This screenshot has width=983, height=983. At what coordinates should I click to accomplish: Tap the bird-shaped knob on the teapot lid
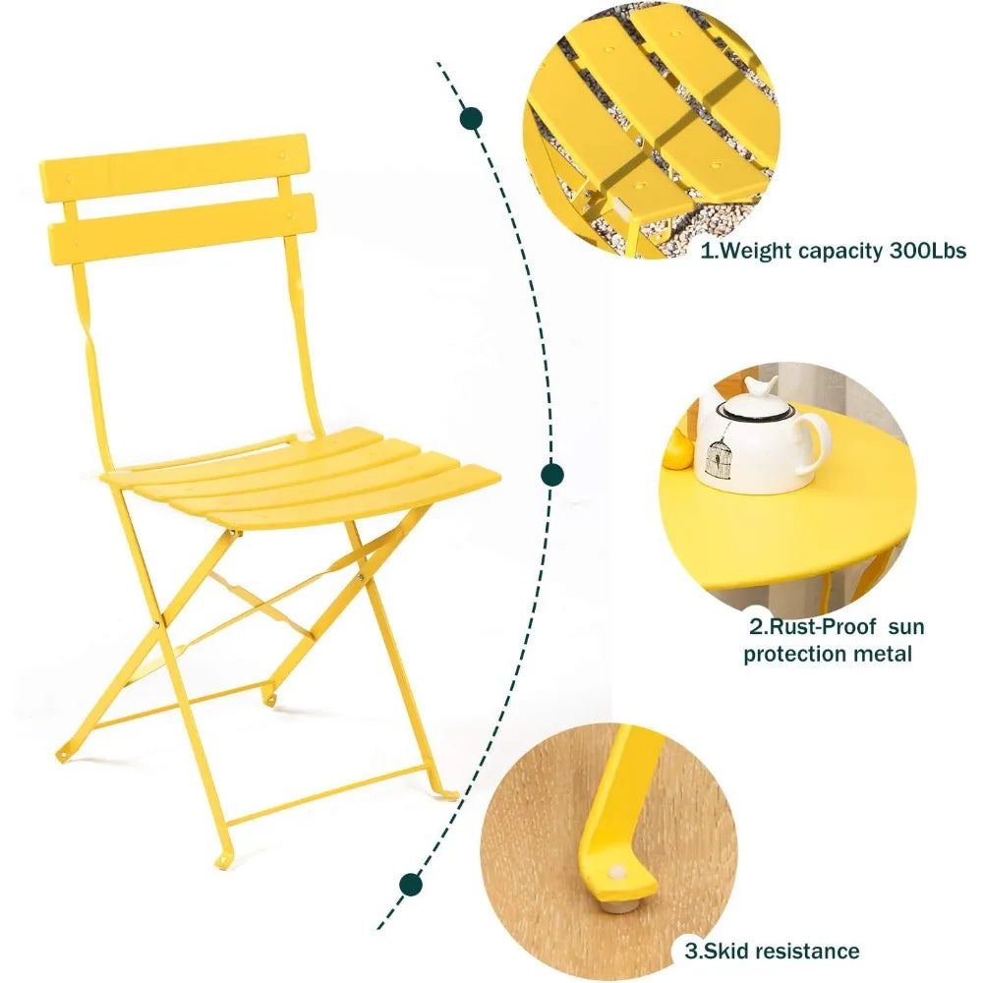coord(760,385)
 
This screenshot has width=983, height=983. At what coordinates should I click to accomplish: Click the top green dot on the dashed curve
coord(471,120)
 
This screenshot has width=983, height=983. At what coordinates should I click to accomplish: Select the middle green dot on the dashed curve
coord(552,475)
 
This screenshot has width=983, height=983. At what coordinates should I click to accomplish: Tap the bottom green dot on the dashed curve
coord(412,884)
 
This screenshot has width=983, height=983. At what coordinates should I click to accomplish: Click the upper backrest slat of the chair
coord(175,163)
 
